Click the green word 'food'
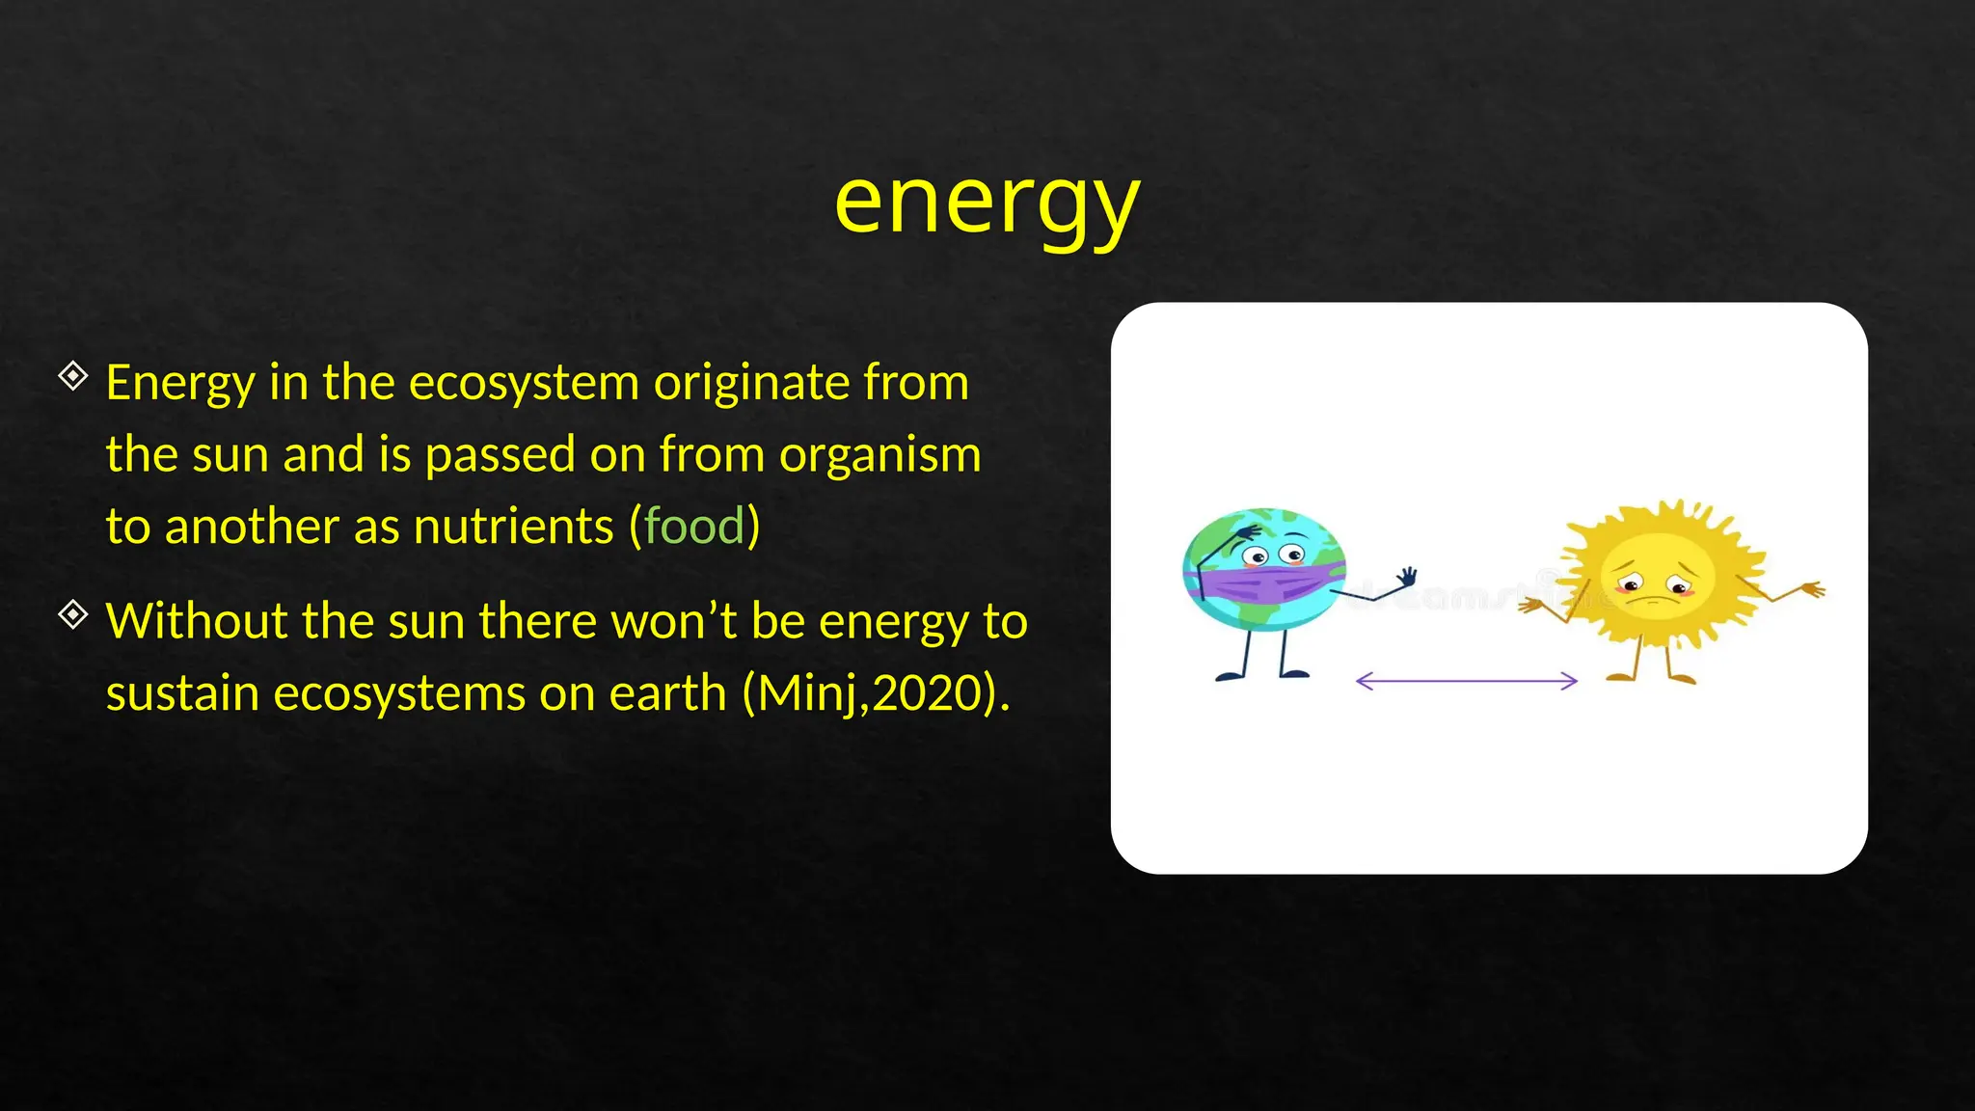(x=694, y=527)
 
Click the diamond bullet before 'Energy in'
(x=73, y=375)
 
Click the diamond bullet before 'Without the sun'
(x=73, y=613)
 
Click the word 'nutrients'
(x=513, y=527)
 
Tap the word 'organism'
(x=879, y=455)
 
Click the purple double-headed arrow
(x=1466, y=681)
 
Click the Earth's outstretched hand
(x=1407, y=577)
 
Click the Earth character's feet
(x=1263, y=674)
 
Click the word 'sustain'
(x=182, y=693)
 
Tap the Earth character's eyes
(x=1272, y=555)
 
